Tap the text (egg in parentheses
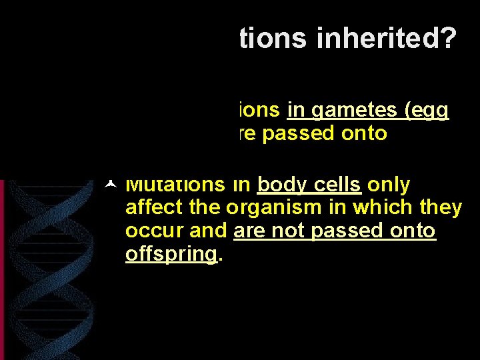tap(427, 110)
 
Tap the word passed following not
tap(341, 231)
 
